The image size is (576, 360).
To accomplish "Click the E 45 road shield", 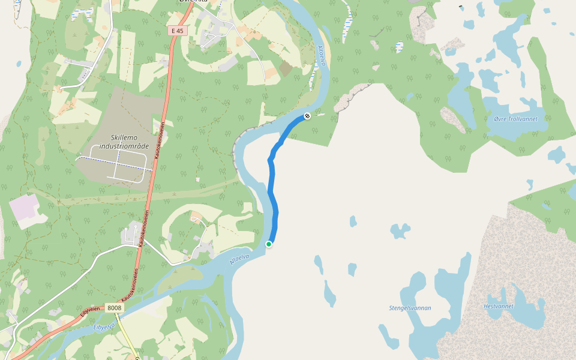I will point(176,31).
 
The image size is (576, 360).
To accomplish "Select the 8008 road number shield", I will point(115,308).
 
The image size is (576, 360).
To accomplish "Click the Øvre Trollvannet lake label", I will point(515,119).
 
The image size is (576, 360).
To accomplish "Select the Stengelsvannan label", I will point(410,308).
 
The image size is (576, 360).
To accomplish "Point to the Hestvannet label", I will point(499,306).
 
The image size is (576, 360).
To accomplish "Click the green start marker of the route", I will point(269,244).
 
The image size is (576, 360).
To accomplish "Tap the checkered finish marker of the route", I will point(307,115).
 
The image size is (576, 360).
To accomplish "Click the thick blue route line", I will point(274,198).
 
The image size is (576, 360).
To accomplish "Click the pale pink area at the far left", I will point(24,211).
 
